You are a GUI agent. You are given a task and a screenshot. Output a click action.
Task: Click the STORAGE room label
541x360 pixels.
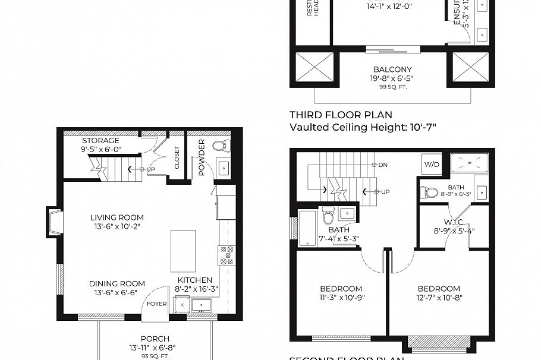[100, 141]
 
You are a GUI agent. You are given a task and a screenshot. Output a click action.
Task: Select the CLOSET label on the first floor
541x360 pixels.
[177, 157]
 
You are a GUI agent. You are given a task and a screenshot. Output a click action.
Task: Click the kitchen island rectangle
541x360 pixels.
[183, 250]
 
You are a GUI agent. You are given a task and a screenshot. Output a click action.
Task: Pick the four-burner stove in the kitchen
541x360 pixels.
[226, 254]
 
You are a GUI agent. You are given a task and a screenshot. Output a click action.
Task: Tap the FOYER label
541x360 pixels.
[156, 304]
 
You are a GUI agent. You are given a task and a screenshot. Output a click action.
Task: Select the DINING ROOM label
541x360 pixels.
[117, 283]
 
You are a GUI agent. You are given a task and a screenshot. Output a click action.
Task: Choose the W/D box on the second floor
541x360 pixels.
[432, 165]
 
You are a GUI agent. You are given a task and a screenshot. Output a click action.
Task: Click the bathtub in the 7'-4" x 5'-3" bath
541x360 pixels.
[307, 228]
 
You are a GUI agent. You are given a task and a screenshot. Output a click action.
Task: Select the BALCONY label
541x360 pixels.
[392, 70]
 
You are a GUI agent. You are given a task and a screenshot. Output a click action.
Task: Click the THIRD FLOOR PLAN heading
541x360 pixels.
[341, 115]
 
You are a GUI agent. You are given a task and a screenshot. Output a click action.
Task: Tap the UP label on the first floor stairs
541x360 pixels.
[150, 169]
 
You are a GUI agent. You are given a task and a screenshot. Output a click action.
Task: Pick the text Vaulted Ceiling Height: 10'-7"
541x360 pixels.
[358, 127]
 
